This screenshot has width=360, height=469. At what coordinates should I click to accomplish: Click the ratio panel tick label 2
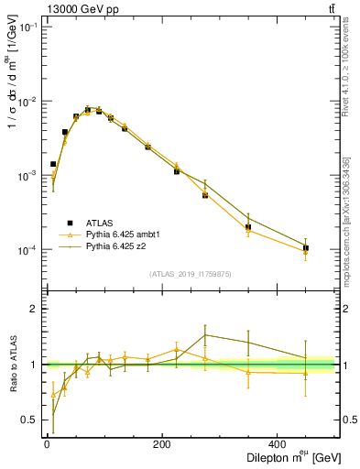[33, 309]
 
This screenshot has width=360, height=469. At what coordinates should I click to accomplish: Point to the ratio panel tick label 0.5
[29, 420]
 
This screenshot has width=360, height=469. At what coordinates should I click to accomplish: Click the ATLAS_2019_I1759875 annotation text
[191, 273]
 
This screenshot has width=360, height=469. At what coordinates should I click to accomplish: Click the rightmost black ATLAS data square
[306, 248]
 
